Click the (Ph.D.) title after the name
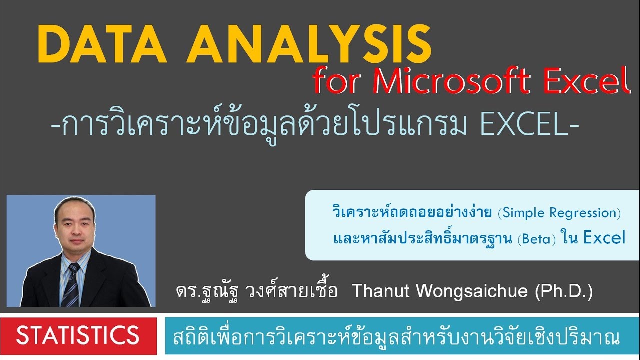click(563, 291)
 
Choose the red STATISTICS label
click(78, 335)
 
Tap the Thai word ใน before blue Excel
click(569, 239)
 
